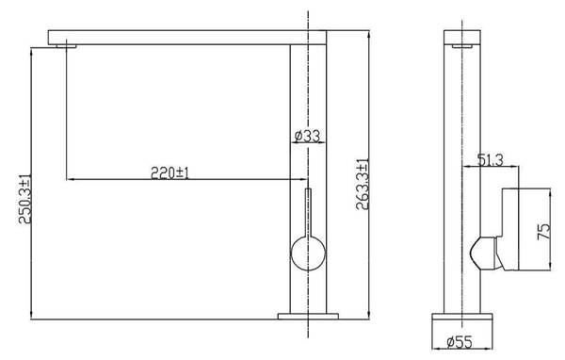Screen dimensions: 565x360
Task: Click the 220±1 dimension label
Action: point(169,173)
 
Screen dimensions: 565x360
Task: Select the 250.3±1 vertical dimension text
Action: point(24,199)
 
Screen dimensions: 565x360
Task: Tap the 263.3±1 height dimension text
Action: point(363,184)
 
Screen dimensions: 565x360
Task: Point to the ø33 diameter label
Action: point(307,136)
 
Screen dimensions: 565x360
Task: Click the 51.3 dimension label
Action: point(490,159)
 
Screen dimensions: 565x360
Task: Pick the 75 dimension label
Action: point(544,231)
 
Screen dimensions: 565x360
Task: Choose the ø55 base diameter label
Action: point(460,341)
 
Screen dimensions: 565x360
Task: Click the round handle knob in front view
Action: point(308,254)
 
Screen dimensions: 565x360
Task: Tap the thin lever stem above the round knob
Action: point(308,213)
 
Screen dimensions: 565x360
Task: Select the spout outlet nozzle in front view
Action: point(66,46)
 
